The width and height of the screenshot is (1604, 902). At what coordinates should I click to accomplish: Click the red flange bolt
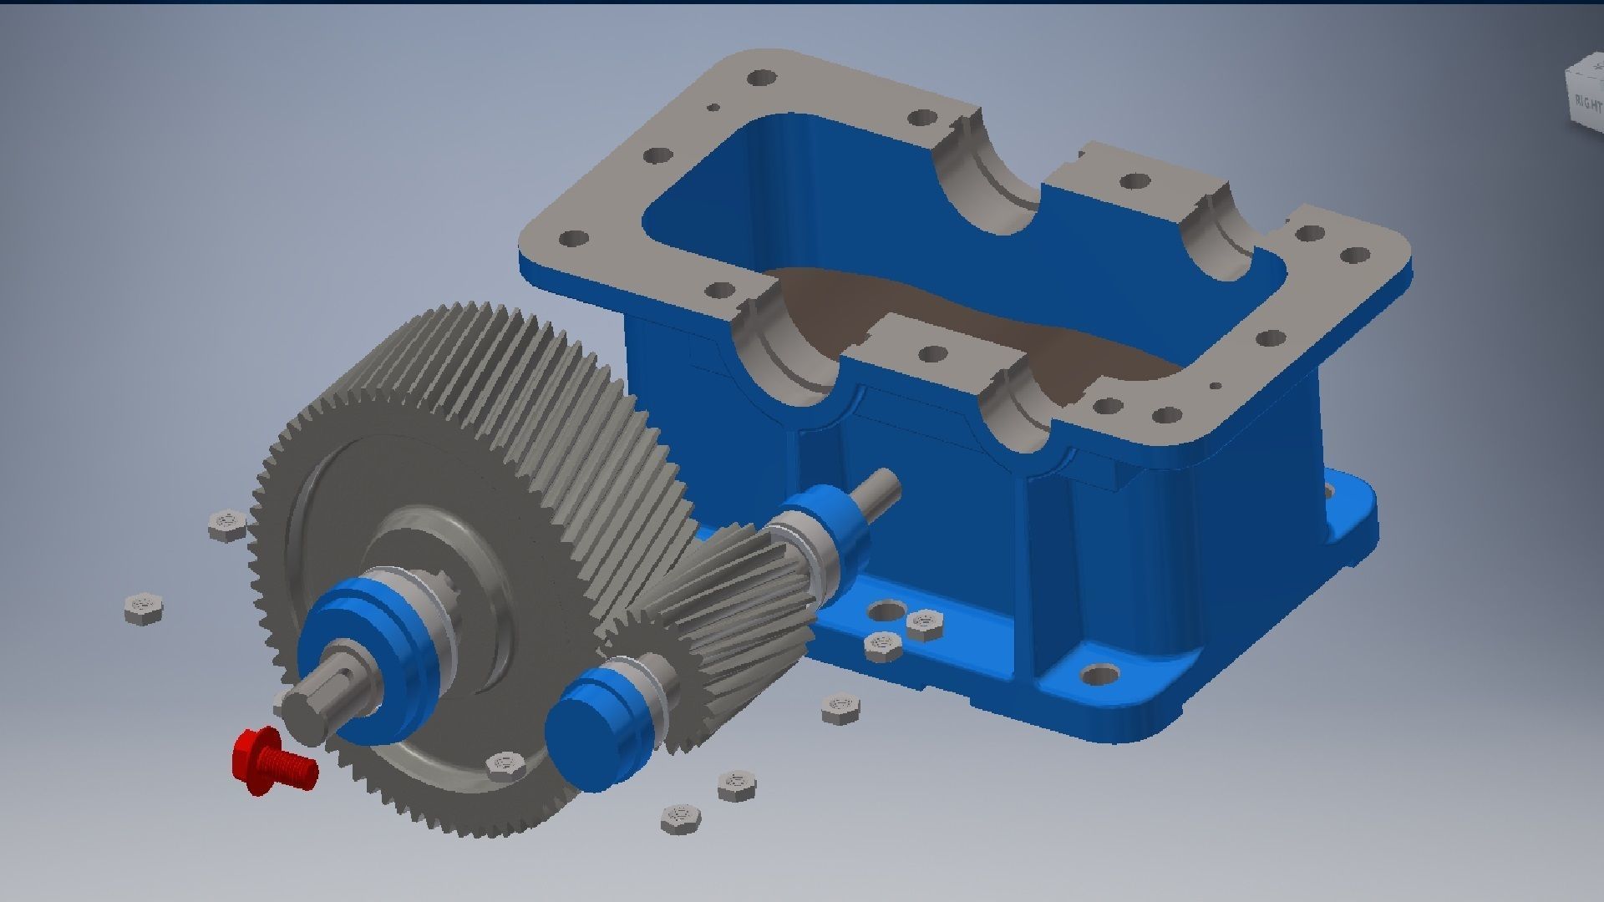point(272,761)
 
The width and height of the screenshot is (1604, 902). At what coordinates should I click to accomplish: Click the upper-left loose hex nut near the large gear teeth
point(226,525)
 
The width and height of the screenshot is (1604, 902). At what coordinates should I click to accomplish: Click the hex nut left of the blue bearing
point(144,609)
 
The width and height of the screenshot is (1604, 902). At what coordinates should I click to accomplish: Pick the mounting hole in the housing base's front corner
point(1101,674)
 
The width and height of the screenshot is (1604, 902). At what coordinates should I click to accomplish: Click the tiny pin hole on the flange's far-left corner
point(713,108)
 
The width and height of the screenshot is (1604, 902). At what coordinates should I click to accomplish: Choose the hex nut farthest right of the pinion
point(924,623)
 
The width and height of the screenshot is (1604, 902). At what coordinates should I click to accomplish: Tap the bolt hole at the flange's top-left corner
point(760,79)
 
